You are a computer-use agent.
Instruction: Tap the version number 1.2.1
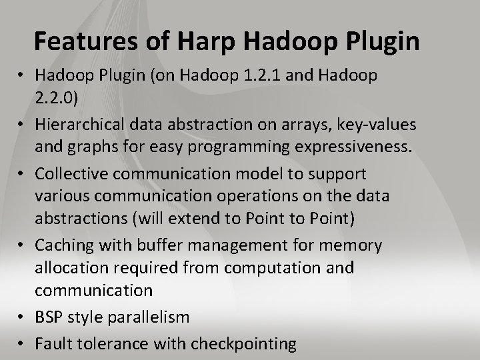click(x=256, y=75)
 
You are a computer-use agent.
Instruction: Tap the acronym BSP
click(x=49, y=317)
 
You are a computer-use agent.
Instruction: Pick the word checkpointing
click(x=244, y=344)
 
